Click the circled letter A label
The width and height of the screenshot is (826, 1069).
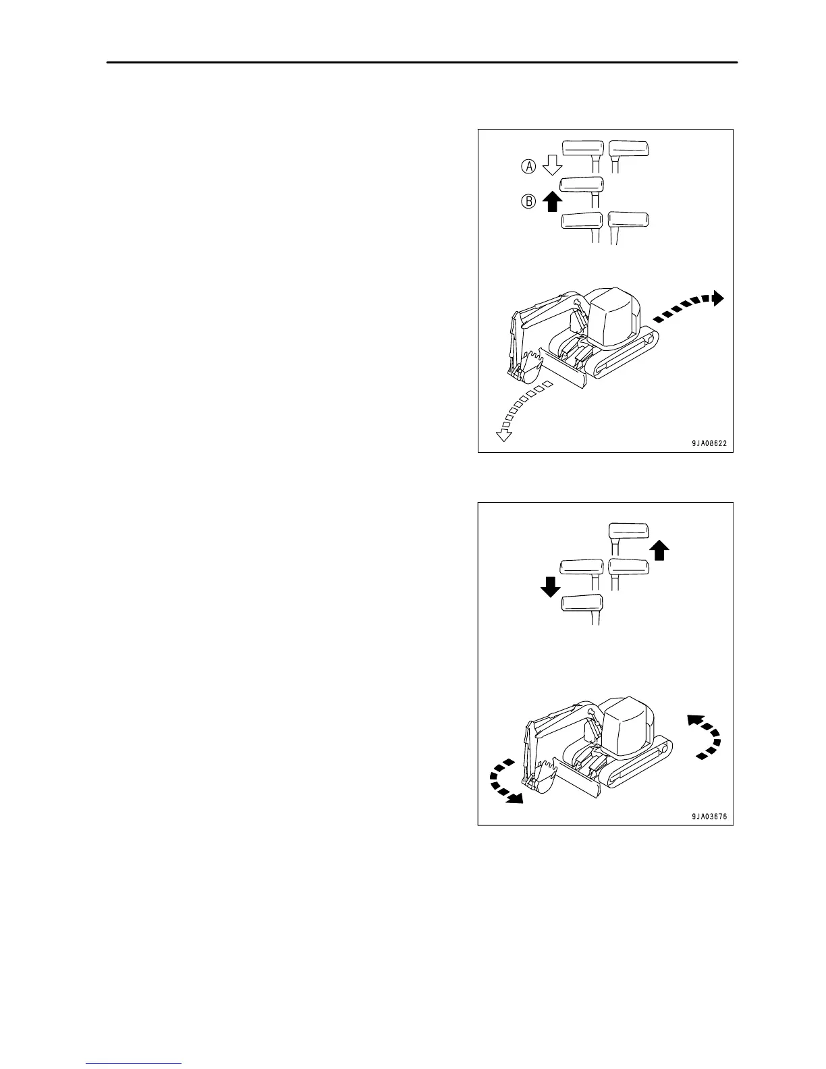click(x=529, y=165)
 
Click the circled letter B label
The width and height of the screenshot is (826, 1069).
click(x=529, y=200)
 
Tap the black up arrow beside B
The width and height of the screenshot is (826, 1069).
click(x=552, y=200)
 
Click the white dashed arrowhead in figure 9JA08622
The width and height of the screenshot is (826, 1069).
click(x=503, y=435)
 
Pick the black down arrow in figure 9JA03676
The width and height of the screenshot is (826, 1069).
click(x=551, y=586)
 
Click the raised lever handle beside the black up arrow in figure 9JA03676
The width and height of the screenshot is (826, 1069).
click(x=628, y=530)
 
